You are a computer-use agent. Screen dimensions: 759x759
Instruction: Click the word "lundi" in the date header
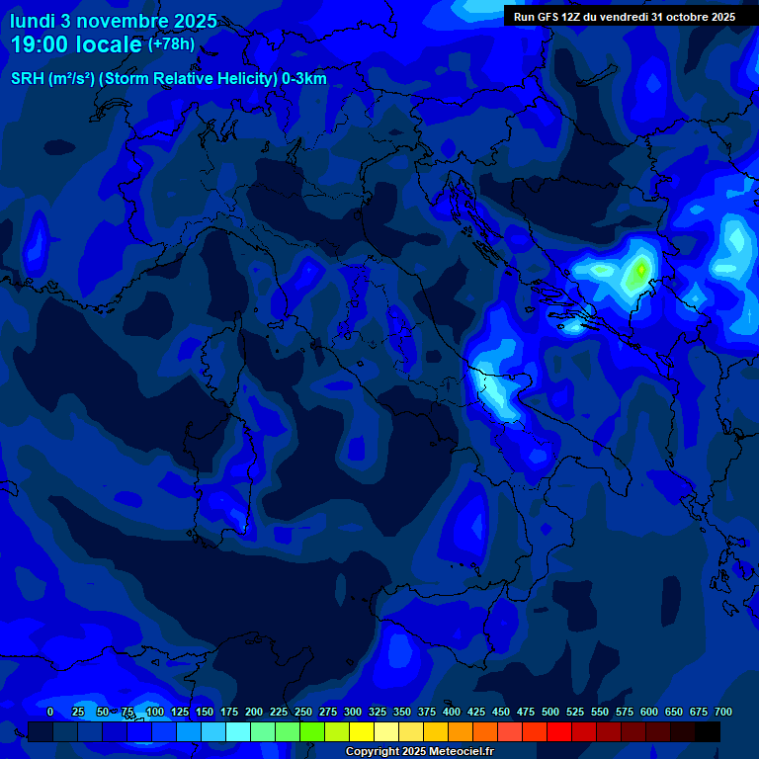point(32,21)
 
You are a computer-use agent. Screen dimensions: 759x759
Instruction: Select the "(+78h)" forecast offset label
point(171,44)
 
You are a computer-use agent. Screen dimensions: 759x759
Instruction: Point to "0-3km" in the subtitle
point(304,79)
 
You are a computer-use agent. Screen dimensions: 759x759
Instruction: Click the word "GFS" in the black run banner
point(550,17)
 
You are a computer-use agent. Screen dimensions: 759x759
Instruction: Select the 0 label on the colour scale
point(50,712)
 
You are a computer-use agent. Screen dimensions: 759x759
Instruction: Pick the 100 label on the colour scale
point(155,712)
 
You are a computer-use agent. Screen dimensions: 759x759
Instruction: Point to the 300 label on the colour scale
point(353,712)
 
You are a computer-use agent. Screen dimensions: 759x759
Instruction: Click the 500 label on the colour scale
point(550,712)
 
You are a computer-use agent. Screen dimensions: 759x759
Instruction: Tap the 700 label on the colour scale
point(723,712)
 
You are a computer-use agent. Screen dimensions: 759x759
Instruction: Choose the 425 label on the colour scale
point(476,712)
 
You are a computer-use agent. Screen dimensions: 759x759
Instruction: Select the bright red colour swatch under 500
point(559,731)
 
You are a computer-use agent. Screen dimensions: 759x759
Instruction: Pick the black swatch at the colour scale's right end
point(708,731)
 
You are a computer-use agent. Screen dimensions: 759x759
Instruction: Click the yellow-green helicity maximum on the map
point(641,269)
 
